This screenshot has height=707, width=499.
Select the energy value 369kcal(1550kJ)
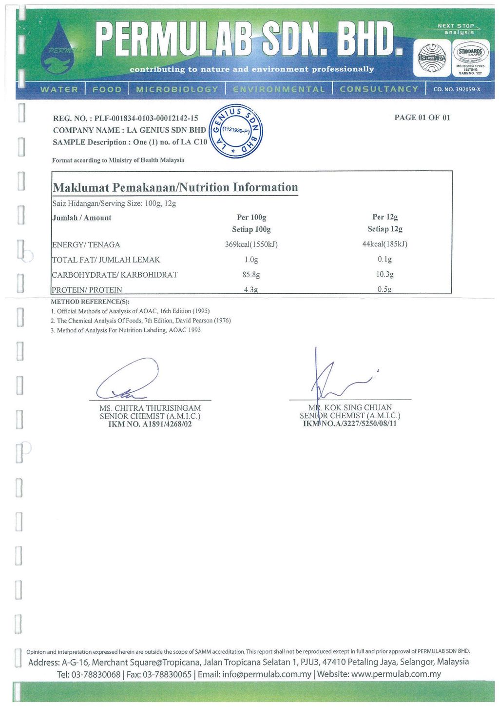coord(251,244)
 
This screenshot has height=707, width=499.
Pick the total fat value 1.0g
coord(251,260)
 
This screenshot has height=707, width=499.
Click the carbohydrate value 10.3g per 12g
coord(384,274)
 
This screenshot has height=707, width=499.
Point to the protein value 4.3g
coord(251,289)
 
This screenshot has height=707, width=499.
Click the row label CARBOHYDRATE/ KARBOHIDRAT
coord(115,275)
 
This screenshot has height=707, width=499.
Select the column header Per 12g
coord(385,217)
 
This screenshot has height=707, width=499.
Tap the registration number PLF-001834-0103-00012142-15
coord(146,118)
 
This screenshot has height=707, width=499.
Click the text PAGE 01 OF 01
coord(422,118)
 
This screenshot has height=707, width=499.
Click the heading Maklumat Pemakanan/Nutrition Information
coord(175,187)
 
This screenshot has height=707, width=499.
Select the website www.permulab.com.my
coord(396,674)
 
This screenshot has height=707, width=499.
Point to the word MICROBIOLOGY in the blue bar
coord(177,89)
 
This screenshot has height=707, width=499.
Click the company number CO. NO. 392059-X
coord(457,89)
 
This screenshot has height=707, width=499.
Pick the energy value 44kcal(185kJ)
coord(384,244)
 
